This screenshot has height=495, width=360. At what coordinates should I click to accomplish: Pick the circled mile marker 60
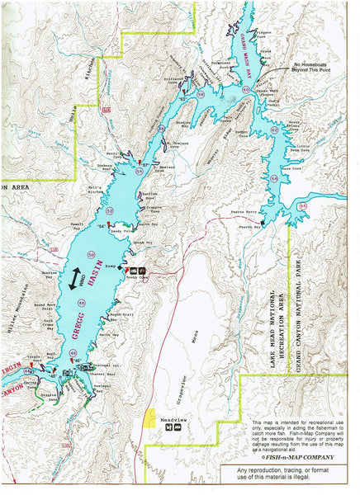[245, 102]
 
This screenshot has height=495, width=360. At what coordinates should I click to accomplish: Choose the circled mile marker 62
[275, 130]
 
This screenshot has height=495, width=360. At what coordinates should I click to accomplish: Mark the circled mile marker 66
[304, 205]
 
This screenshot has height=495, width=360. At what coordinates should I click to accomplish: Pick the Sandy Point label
[121, 232]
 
